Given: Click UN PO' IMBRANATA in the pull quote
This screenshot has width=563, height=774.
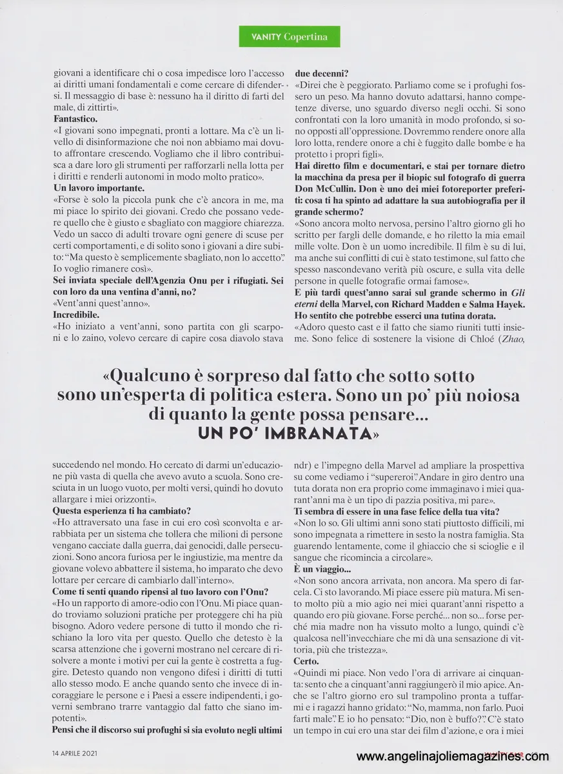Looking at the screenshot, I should [288, 434].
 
